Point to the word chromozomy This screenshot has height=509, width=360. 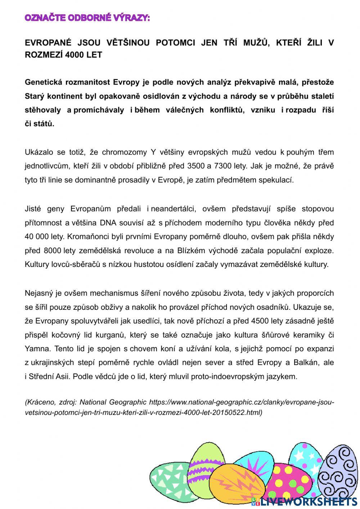coord(122,152)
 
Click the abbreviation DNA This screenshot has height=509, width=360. coord(108,223)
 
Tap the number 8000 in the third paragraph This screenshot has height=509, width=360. coord(52,251)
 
